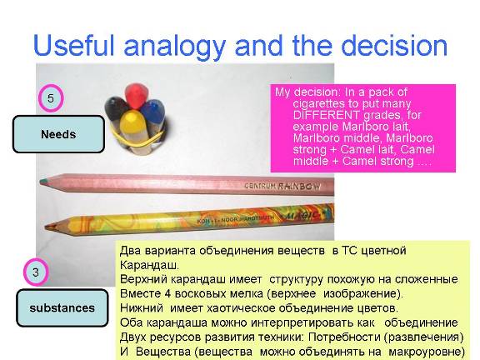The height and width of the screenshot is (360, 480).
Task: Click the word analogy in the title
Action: pos(175,47)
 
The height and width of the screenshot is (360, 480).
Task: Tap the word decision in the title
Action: pos(394,45)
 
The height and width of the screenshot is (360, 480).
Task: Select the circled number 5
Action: pos(51,98)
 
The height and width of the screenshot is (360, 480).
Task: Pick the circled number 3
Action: pos(36,272)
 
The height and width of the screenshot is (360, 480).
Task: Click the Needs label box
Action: pos(58,134)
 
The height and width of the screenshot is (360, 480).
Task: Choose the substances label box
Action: pos(62,307)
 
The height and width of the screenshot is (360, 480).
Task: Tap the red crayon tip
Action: pos(137,94)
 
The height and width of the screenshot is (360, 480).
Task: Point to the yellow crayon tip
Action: pos(132,125)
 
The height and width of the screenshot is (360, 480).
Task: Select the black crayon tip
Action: pos(116,107)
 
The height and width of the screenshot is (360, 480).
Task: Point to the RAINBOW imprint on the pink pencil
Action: pos(299,186)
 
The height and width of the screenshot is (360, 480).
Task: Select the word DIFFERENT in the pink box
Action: pos(326,115)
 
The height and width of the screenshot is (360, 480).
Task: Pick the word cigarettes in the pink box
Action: pos(325,104)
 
